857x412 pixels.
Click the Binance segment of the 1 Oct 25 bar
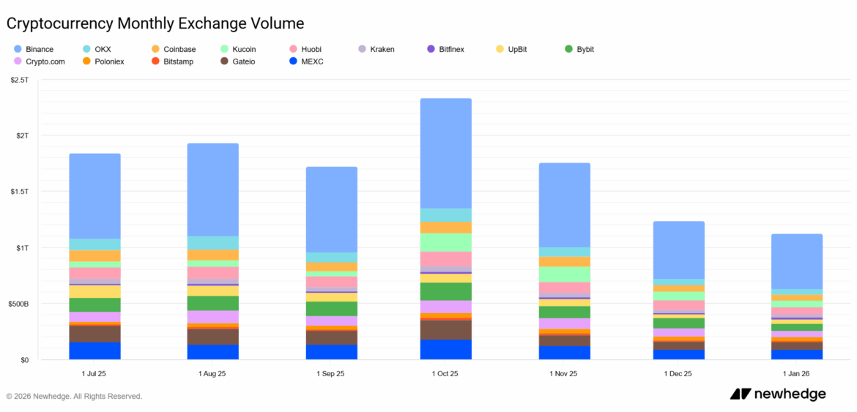[x=445, y=153]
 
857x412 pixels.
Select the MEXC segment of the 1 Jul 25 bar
[x=94, y=351]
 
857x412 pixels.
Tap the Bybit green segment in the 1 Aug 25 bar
[x=212, y=303]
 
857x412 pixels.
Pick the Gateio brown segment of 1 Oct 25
[x=445, y=329]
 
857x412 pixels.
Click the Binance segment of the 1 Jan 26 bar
[x=796, y=261]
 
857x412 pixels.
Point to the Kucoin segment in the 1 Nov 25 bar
[x=564, y=274]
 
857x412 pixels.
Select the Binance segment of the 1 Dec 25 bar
[x=678, y=250]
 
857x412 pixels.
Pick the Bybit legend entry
[x=579, y=49]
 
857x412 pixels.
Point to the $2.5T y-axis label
[x=19, y=79]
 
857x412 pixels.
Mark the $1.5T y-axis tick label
[x=19, y=192]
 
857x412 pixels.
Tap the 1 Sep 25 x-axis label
[x=330, y=373]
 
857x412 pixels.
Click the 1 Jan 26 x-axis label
[x=796, y=373]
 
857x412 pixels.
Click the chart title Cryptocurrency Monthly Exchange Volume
[x=155, y=23]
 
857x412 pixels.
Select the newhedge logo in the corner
[x=777, y=394]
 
